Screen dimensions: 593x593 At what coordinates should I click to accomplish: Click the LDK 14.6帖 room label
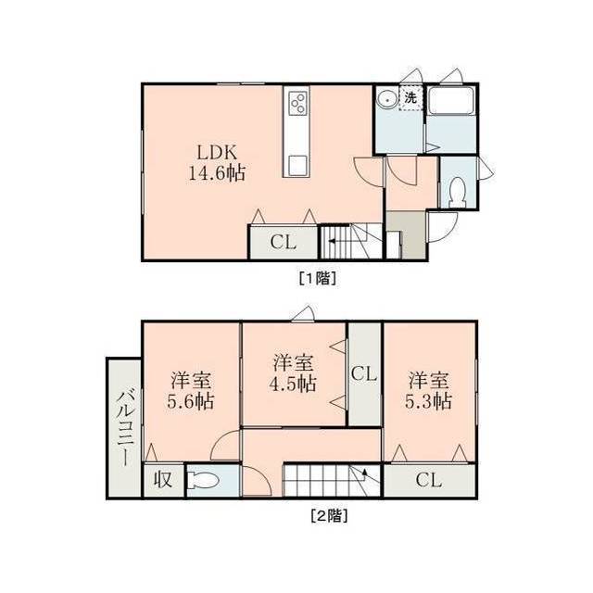pyautogui.click(x=217, y=163)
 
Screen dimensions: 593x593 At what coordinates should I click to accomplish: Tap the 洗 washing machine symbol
pyautogui.click(x=410, y=97)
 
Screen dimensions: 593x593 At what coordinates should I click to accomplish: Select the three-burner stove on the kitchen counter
pyautogui.click(x=297, y=103)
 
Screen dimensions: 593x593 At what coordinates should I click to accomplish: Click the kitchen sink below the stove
pyautogui.click(x=297, y=164)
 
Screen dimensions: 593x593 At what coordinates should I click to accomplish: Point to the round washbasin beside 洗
pyautogui.click(x=386, y=100)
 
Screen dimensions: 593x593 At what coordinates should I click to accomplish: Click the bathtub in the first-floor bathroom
pyautogui.click(x=451, y=100)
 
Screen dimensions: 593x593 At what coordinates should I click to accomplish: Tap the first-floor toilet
pyautogui.click(x=459, y=193)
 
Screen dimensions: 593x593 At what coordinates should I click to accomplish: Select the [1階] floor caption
pyautogui.click(x=318, y=278)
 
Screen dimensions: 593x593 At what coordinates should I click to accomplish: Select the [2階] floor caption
pyautogui.click(x=329, y=515)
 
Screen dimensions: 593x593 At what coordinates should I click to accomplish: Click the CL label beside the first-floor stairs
pyautogui.click(x=283, y=242)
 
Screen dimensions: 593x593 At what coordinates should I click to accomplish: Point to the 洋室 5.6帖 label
pyautogui.click(x=191, y=391)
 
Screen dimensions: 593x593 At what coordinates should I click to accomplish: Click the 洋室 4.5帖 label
pyautogui.click(x=293, y=373)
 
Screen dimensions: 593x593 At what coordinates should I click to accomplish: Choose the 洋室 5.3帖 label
pyautogui.click(x=428, y=391)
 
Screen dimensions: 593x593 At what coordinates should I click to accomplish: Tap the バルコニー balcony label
pyautogui.click(x=125, y=428)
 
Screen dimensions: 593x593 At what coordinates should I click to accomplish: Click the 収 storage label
pyautogui.click(x=163, y=480)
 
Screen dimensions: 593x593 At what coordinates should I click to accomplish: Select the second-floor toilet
pyautogui.click(x=204, y=481)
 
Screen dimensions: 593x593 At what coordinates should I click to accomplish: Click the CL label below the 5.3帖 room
pyautogui.click(x=428, y=480)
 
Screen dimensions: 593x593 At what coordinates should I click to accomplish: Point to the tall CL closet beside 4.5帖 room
pyautogui.click(x=364, y=374)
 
